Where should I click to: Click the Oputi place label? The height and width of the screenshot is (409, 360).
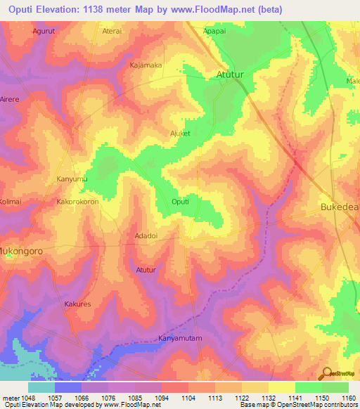[x=181, y=202]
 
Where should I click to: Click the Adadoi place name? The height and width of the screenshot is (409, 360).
[x=147, y=237]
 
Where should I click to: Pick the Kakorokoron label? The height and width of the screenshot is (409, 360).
[x=79, y=202]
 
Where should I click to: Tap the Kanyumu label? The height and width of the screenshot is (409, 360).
[x=71, y=180]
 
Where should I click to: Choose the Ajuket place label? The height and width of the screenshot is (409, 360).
[x=181, y=133]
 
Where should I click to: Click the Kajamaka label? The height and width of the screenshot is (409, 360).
[x=146, y=65]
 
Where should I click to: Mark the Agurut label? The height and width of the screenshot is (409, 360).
[x=46, y=32]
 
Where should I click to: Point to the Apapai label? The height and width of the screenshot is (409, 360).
[x=214, y=32]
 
